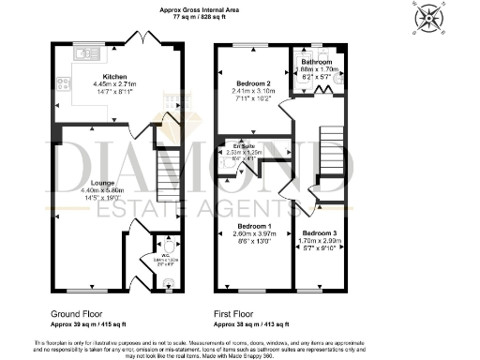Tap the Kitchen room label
point(115,76)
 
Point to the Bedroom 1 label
point(255,227)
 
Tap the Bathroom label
point(316,62)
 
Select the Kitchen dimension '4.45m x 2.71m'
point(116,84)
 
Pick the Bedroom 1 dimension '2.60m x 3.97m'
point(255,235)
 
